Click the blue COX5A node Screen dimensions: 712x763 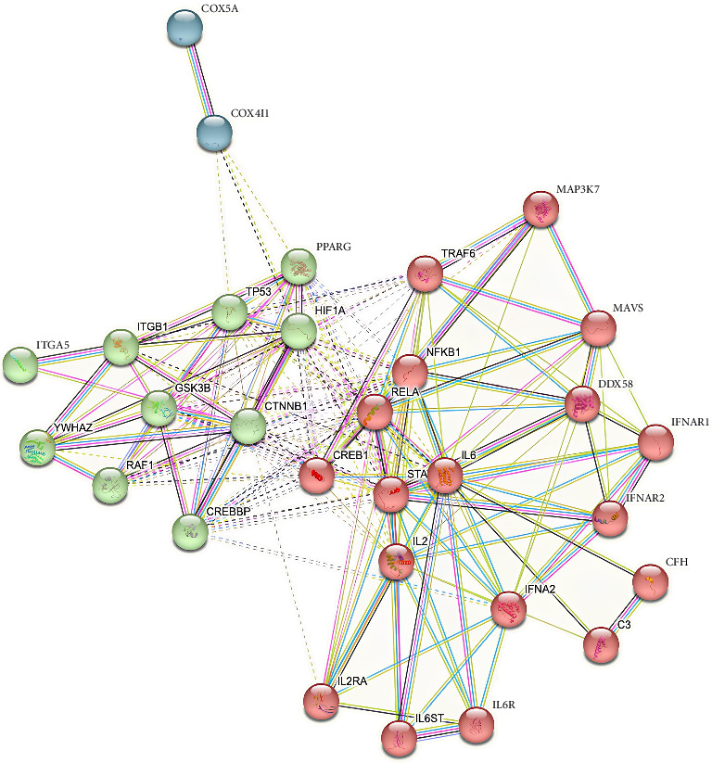(184, 28)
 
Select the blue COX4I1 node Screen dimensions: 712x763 (215, 134)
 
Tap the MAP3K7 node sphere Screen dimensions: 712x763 (540, 210)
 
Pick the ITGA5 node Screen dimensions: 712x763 (20, 363)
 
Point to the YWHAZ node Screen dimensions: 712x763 (37, 447)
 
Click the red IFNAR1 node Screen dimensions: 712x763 (655, 442)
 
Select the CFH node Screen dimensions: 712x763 (650, 584)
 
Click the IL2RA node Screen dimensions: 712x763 (321, 701)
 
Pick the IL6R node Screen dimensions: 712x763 (477, 725)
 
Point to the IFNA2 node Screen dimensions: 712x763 (508, 609)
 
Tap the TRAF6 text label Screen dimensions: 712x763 (457, 252)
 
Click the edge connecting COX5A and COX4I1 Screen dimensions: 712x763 (200, 82)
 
